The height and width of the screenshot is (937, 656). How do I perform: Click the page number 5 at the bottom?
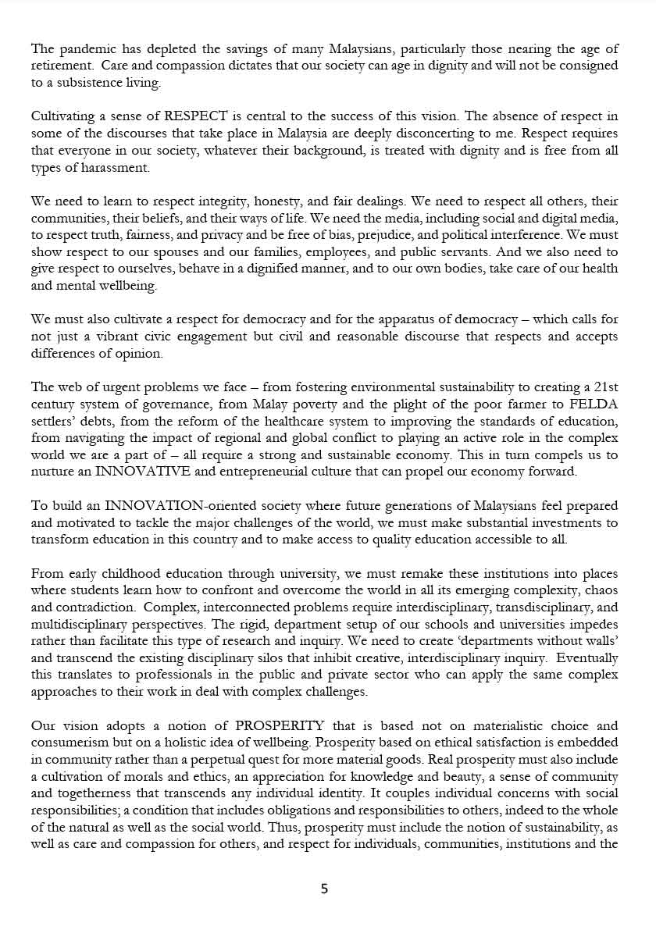[325, 889]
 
